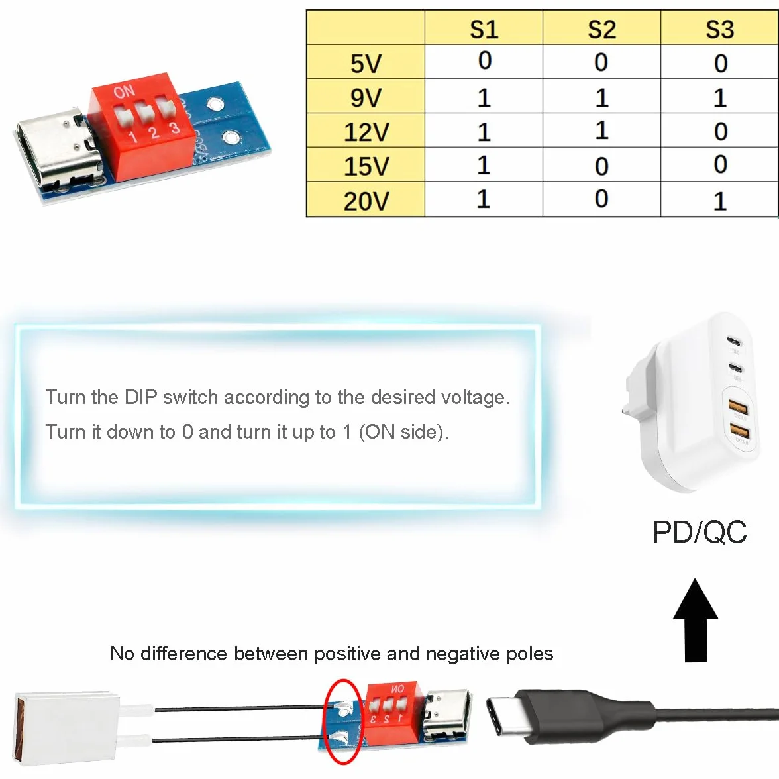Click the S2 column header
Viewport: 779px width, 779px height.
(x=601, y=29)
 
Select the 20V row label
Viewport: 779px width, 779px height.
(x=366, y=201)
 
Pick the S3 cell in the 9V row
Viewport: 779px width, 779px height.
(x=720, y=98)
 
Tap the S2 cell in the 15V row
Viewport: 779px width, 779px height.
(x=601, y=166)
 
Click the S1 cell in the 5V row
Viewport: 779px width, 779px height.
(x=485, y=61)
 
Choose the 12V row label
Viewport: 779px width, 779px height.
(x=366, y=132)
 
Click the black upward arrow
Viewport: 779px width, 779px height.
(x=696, y=620)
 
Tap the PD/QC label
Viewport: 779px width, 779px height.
(x=700, y=532)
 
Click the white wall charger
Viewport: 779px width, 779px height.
(x=690, y=403)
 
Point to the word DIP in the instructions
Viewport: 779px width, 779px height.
(x=140, y=397)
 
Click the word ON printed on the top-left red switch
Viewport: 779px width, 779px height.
(x=124, y=92)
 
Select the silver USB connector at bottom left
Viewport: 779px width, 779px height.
(x=67, y=726)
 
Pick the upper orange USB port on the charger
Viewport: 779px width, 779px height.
(x=738, y=408)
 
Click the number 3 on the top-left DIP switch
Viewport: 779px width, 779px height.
(x=174, y=129)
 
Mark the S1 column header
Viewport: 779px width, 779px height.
(x=484, y=29)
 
